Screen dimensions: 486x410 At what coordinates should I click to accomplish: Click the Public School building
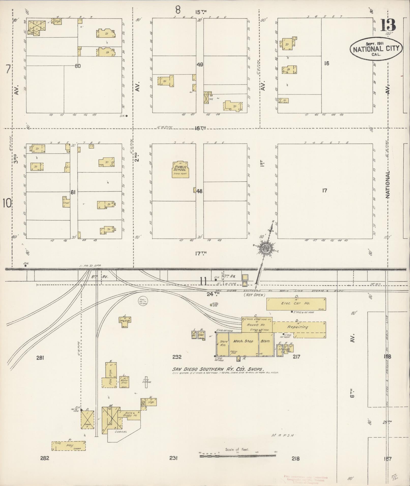(x=180, y=169)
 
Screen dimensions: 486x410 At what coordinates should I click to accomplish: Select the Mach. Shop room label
(x=243, y=341)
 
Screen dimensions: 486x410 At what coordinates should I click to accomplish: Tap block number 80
(x=78, y=66)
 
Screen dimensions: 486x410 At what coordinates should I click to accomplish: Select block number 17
(x=324, y=191)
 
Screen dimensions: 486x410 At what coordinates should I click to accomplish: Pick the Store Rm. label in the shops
(x=223, y=343)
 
